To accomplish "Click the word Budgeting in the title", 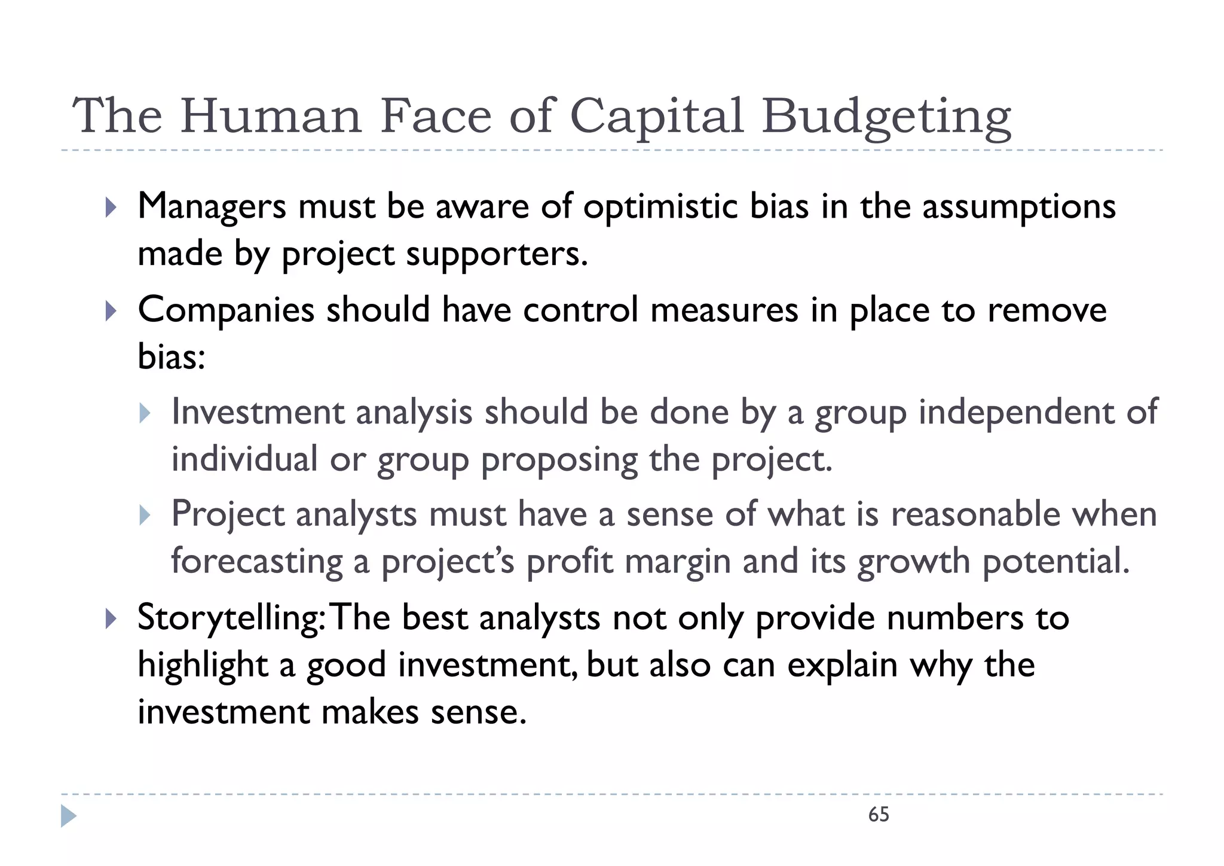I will tap(886, 117).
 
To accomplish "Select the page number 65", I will tap(879, 815).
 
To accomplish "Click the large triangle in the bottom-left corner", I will tap(68, 816).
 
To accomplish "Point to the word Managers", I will tap(212, 207).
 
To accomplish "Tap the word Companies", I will tap(226, 310).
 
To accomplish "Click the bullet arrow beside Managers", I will tap(111, 208).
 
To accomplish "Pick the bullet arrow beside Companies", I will tap(111, 310).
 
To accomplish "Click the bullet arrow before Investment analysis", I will tap(145, 413).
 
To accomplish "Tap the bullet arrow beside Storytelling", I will tap(111, 618).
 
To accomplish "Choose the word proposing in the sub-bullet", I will tap(559, 461).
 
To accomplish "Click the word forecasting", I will tap(257, 562).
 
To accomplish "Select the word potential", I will tap(1056, 562).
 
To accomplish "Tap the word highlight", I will tap(203, 665).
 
